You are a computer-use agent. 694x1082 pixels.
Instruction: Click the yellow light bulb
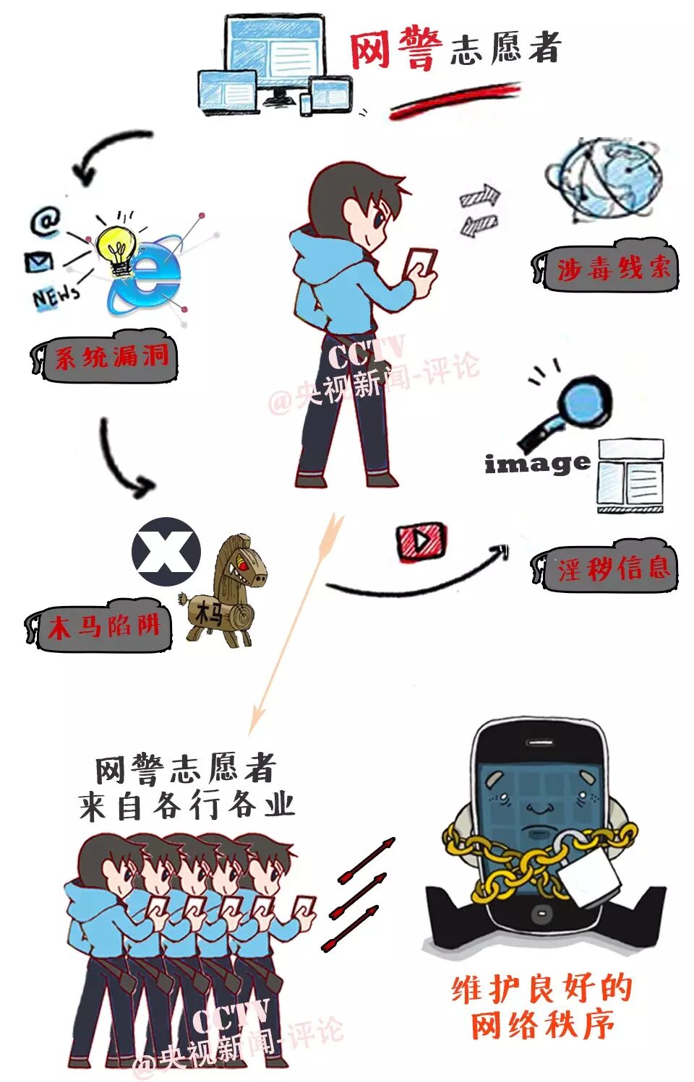[x=117, y=246]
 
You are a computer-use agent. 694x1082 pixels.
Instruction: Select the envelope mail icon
[x=38, y=262]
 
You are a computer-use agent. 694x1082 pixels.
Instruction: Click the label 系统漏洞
[x=112, y=358]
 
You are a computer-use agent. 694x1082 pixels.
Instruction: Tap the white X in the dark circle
[x=166, y=550]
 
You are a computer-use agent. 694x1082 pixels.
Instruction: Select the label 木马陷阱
[x=104, y=626]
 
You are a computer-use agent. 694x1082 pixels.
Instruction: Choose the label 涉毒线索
[x=614, y=269]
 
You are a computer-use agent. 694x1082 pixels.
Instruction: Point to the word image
[x=537, y=464]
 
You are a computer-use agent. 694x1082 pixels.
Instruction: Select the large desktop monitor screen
[x=275, y=48]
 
